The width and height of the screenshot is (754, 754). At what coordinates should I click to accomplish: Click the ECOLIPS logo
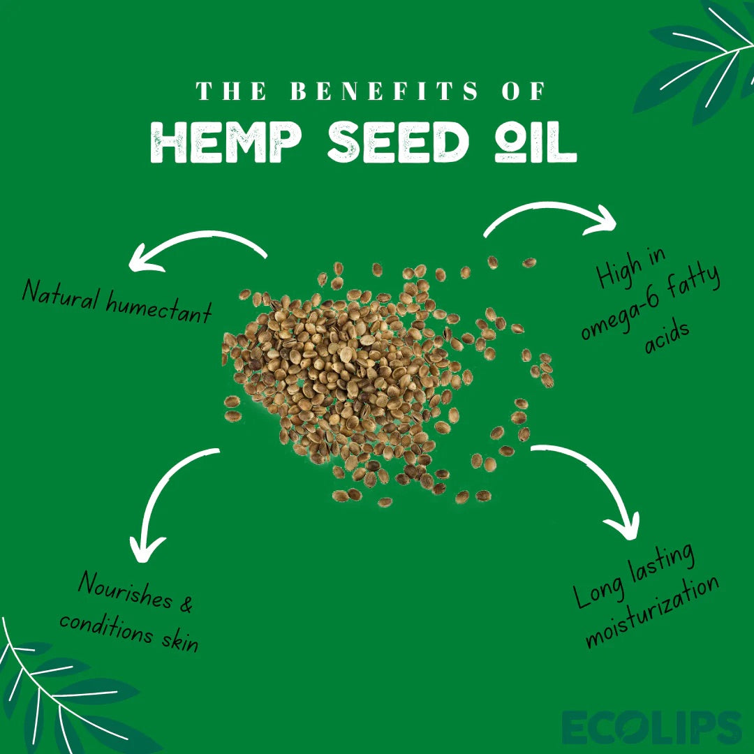click(x=651, y=728)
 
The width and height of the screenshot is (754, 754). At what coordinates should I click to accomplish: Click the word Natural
click(x=60, y=293)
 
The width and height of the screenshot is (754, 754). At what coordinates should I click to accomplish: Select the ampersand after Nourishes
click(x=185, y=604)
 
